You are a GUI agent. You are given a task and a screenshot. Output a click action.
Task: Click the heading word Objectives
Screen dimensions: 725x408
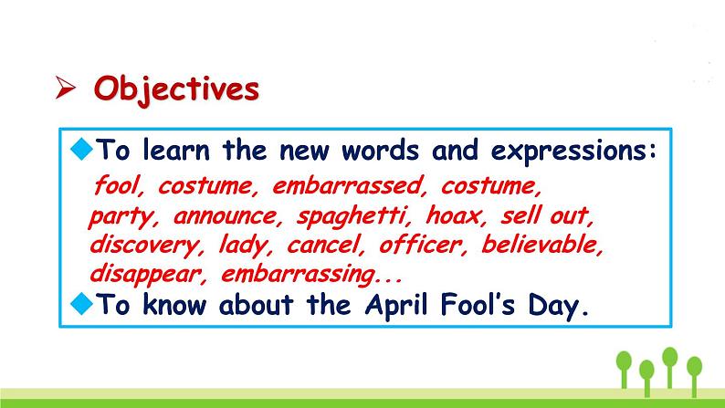click(x=176, y=89)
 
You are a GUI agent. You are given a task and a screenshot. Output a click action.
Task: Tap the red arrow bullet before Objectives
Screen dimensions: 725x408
click(x=65, y=88)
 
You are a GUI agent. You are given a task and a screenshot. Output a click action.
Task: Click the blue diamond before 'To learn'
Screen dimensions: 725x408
click(x=82, y=149)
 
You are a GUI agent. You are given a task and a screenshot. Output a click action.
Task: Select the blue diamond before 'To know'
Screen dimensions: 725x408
click(x=82, y=304)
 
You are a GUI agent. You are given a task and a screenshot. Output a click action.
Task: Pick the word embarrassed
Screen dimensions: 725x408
click(x=348, y=186)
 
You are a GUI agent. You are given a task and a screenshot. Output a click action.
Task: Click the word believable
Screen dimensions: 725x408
click(x=542, y=244)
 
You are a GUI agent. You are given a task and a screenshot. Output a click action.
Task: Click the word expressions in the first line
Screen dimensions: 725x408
click(x=573, y=151)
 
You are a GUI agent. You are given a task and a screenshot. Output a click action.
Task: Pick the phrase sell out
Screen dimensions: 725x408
click(x=547, y=215)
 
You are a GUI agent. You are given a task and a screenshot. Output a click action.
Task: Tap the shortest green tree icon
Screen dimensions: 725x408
click(x=646, y=378)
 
